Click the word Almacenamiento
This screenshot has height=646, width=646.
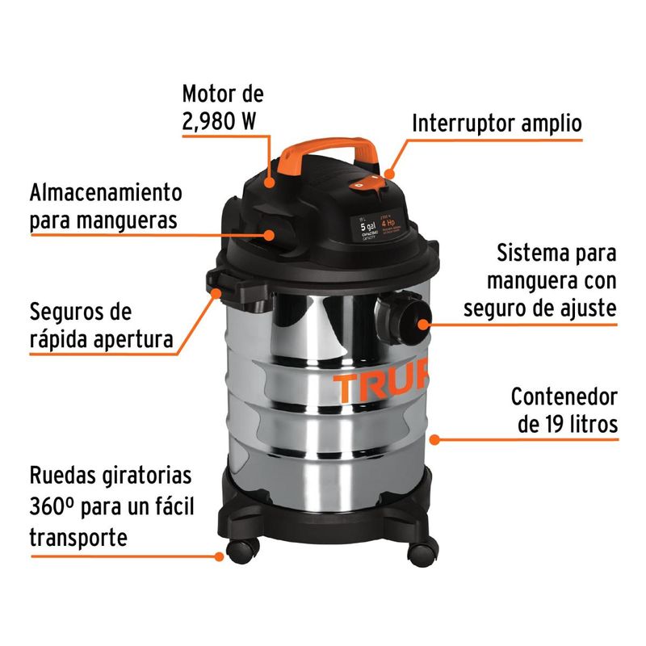click(106, 193)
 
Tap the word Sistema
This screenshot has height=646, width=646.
click(531, 253)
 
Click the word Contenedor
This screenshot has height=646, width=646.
click(564, 396)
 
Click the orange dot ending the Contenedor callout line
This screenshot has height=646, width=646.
click(434, 439)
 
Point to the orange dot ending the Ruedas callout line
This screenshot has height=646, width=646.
click(219, 556)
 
